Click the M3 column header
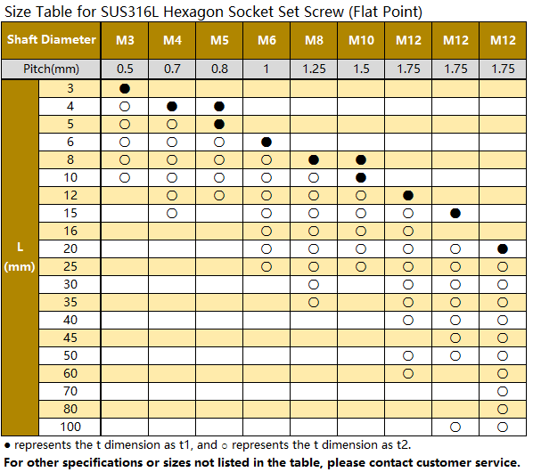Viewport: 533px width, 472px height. coord(125,40)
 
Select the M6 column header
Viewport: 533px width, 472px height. coord(266,40)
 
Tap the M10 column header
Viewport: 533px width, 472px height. coord(361,40)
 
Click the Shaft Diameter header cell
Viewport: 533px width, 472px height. coord(52,39)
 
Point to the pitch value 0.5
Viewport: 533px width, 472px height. coord(125,69)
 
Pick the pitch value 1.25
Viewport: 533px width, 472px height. coord(314,69)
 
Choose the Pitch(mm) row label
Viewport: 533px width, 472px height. coord(51,69)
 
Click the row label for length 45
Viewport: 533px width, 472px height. coord(70,338)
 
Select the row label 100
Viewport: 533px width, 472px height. coord(70,427)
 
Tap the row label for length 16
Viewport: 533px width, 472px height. coord(70,231)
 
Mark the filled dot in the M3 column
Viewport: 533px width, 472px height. coord(125,89)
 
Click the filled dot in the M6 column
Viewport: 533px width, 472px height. coord(266,142)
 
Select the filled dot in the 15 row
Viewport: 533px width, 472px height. coord(455,213)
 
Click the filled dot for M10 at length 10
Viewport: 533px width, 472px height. coord(361,177)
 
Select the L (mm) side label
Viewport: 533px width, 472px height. coord(20,256)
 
